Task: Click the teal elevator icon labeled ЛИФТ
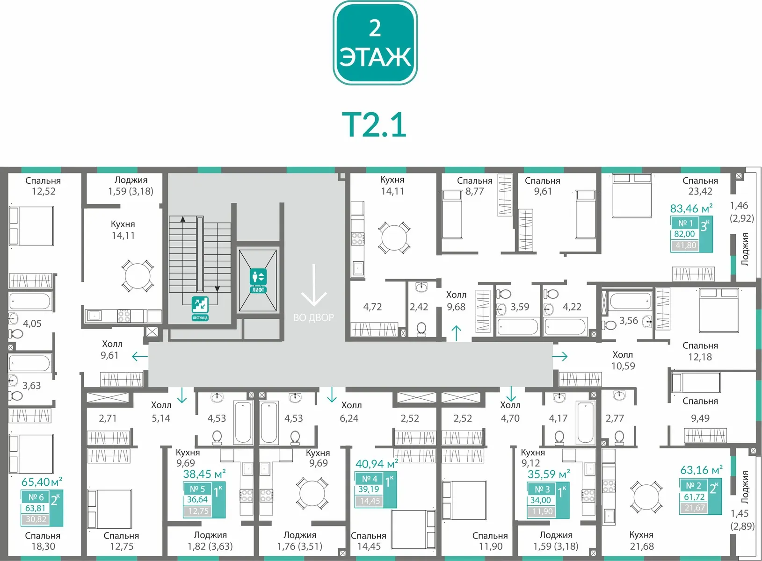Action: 258,280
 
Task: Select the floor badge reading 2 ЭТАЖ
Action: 375,43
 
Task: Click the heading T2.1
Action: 374,125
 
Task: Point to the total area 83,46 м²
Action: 691,208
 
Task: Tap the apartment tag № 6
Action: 36,497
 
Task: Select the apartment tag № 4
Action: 370,479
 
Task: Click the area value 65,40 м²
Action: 42,482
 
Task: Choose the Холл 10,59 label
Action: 623,360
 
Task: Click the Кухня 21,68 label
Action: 642,540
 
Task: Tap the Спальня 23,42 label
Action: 700,186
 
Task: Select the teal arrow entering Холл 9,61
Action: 140,357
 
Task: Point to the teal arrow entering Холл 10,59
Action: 560,356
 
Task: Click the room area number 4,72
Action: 372,307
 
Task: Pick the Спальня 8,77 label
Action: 474,186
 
